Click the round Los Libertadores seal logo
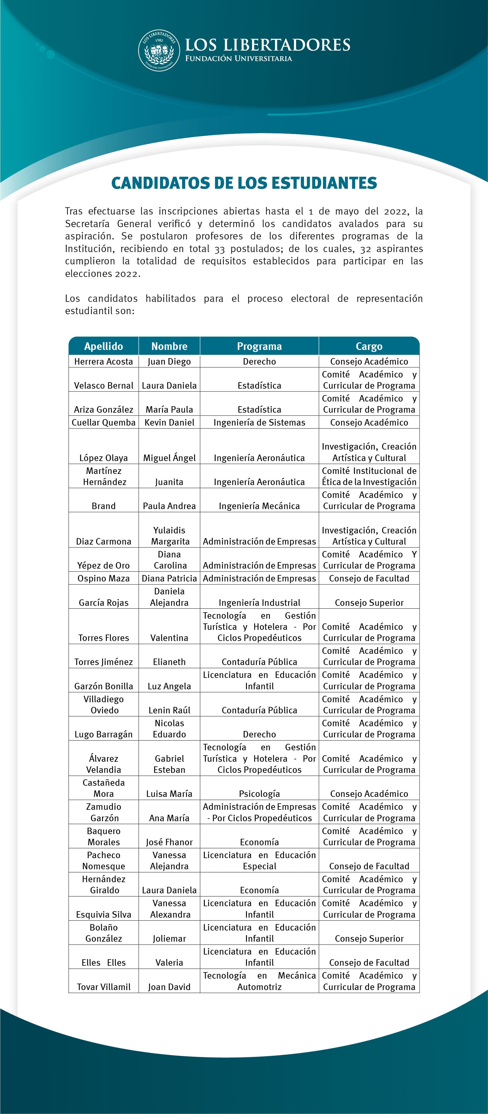tap(159, 51)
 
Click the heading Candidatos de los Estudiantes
tap(244, 183)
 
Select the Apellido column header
tap(104, 346)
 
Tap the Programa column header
tap(259, 346)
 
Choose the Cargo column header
tap(369, 346)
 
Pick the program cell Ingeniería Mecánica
tap(259, 506)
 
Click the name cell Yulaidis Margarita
tap(169, 536)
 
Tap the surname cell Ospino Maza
tap(104, 579)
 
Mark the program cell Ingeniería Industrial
tap(259, 602)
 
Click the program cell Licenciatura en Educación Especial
tap(259, 860)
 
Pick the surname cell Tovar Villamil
tap(104, 987)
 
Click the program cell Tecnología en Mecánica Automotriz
tap(259, 981)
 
